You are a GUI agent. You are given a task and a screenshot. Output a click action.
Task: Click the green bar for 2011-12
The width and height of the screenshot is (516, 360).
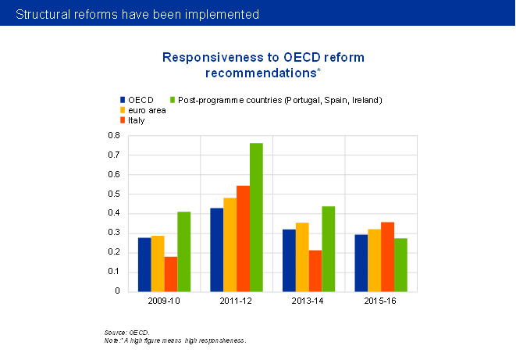(256, 217)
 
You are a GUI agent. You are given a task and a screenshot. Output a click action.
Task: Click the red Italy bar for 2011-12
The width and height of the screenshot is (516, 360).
(243, 238)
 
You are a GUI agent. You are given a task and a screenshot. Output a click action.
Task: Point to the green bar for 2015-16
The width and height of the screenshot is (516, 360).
(400, 265)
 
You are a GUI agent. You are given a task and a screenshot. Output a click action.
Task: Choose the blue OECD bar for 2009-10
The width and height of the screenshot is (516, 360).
(144, 264)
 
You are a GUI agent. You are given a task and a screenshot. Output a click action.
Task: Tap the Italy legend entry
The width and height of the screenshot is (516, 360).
(136, 120)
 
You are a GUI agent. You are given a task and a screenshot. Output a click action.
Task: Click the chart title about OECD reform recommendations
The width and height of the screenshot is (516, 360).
(263, 65)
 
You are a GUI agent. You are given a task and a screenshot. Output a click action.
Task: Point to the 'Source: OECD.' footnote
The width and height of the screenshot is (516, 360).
(126, 333)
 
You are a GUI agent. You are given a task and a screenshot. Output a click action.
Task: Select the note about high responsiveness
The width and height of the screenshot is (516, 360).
(175, 341)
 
